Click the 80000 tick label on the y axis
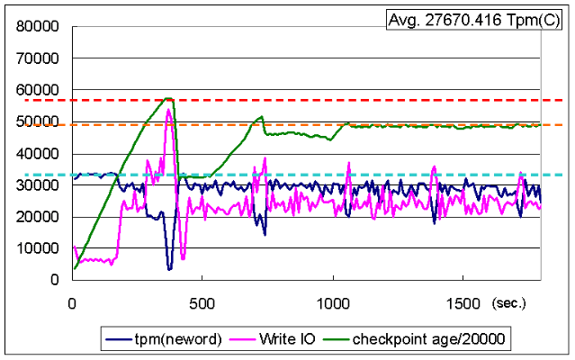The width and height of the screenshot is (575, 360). point(38,27)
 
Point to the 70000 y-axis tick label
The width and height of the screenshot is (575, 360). point(38,58)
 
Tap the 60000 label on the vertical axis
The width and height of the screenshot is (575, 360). point(38,90)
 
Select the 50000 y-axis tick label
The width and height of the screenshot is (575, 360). point(38,121)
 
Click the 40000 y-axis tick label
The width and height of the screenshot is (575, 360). point(38,153)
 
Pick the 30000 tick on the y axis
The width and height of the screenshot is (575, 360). point(38,185)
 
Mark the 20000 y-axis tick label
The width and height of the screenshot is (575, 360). point(38,217)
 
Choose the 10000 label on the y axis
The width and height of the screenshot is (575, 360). point(38,248)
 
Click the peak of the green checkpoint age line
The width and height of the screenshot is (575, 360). point(168,98)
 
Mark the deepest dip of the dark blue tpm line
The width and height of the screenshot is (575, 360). point(169,268)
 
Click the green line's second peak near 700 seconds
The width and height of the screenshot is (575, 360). point(261,116)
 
